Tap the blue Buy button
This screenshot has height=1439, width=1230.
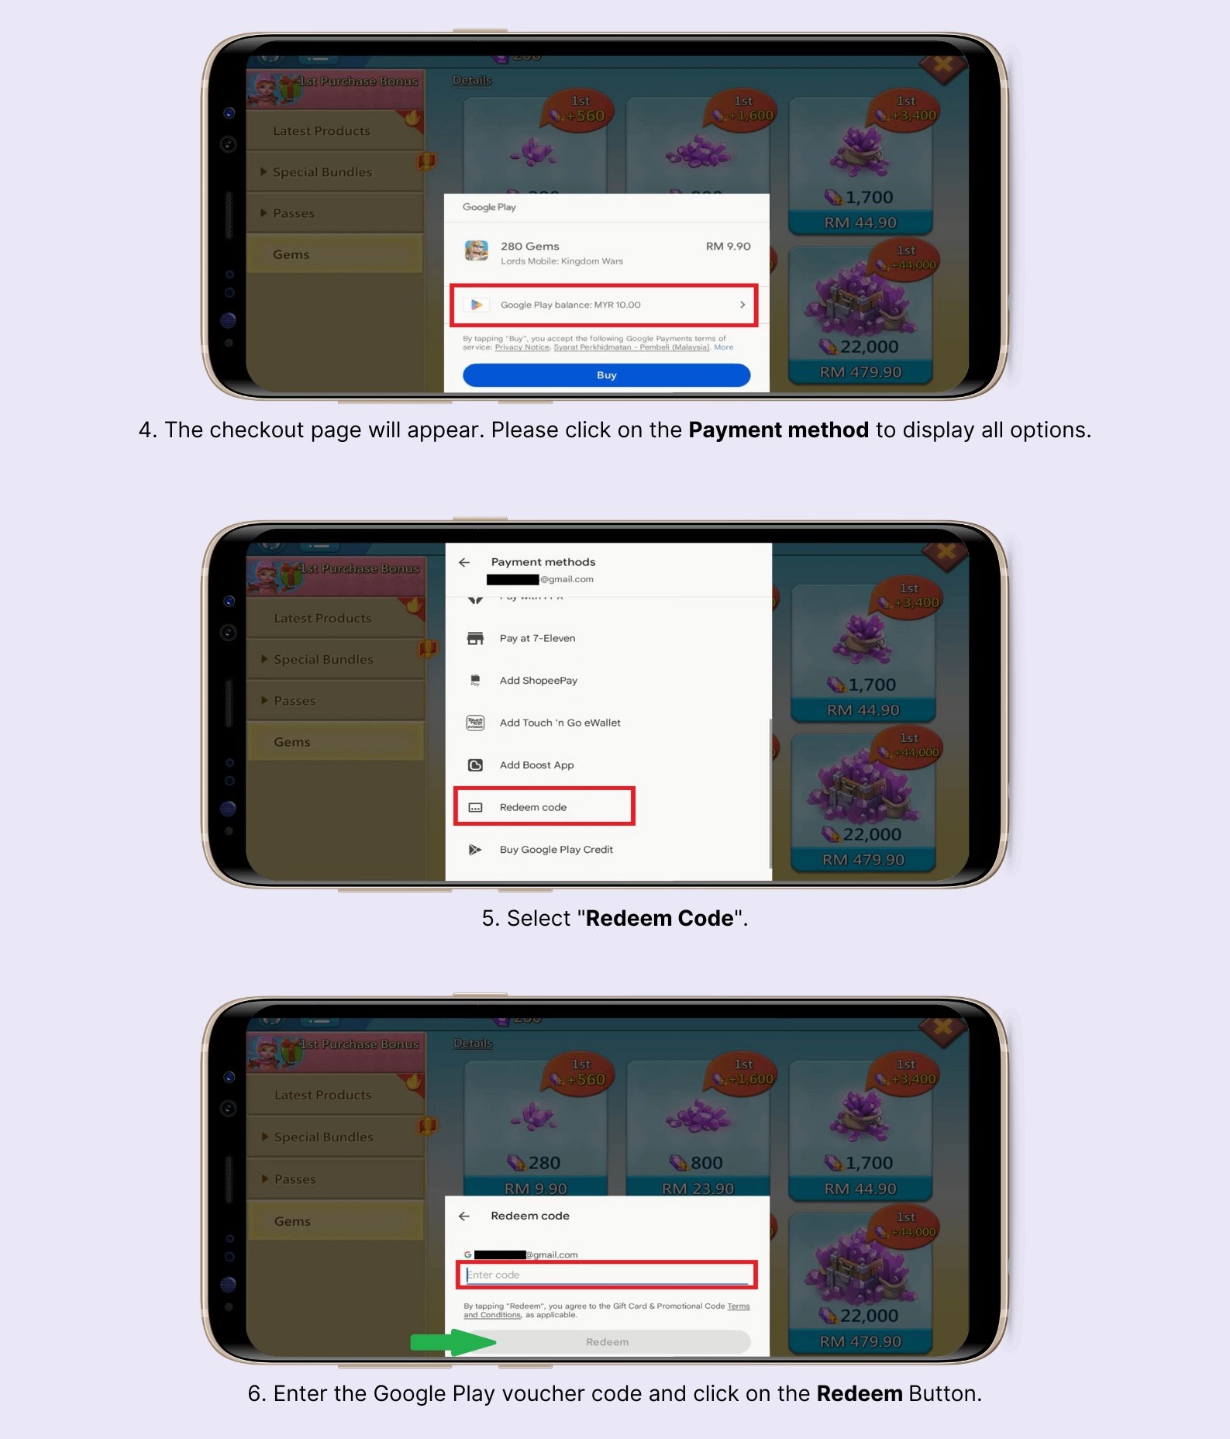pyautogui.click(x=606, y=375)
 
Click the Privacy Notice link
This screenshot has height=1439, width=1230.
pyautogui.click(x=522, y=347)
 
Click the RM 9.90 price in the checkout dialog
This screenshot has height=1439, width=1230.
pyautogui.click(x=728, y=247)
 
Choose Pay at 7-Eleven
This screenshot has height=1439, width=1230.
pyautogui.click(x=537, y=638)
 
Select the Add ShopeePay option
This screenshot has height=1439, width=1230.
pyautogui.click(x=538, y=681)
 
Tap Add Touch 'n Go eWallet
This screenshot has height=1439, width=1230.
pyautogui.click(x=560, y=723)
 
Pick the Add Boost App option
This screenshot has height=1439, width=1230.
pyautogui.click(x=536, y=765)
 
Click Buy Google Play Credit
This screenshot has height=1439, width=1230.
pyautogui.click(x=556, y=850)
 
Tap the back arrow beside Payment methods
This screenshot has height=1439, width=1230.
pyautogui.click(x=464, y=562)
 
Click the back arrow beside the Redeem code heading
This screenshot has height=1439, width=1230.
pyautogui.click(x=464, y=1216)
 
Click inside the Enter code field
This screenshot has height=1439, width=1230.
pyautogui.click(x=606, y=1275)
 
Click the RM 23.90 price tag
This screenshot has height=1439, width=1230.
pyautogui.click(x=698, y=1189)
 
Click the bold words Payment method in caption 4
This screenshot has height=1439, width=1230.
pyautogui.click(x=778, y=430)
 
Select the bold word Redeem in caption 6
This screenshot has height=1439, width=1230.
pyautogui.click(x=859, y=1393)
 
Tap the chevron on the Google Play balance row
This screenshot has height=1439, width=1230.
pyautogui.click(x=742, y=305)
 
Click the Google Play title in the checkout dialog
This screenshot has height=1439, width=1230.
pyautogui.click(x=489, y=207)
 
